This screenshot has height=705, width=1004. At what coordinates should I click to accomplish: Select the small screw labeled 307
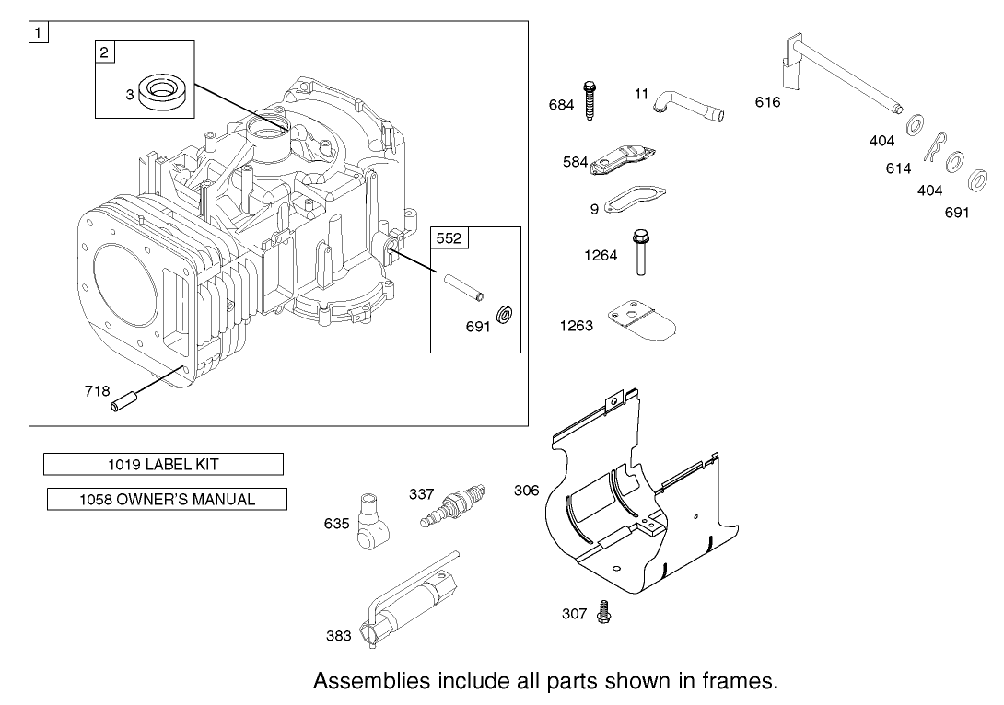(x=604, y=610)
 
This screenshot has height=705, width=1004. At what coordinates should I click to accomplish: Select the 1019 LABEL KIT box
(x=163, y=465)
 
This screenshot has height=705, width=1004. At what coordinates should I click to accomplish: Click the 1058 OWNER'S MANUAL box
(x=167, y=500)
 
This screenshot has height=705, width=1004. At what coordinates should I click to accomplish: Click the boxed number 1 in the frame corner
(x=39, y=33)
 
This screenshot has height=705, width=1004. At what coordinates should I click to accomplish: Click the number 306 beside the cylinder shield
(x=526, y=491)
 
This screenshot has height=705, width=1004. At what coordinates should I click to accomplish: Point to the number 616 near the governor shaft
(x=767, y=102)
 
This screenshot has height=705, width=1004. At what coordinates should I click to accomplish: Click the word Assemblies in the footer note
(x=370, y=681)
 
